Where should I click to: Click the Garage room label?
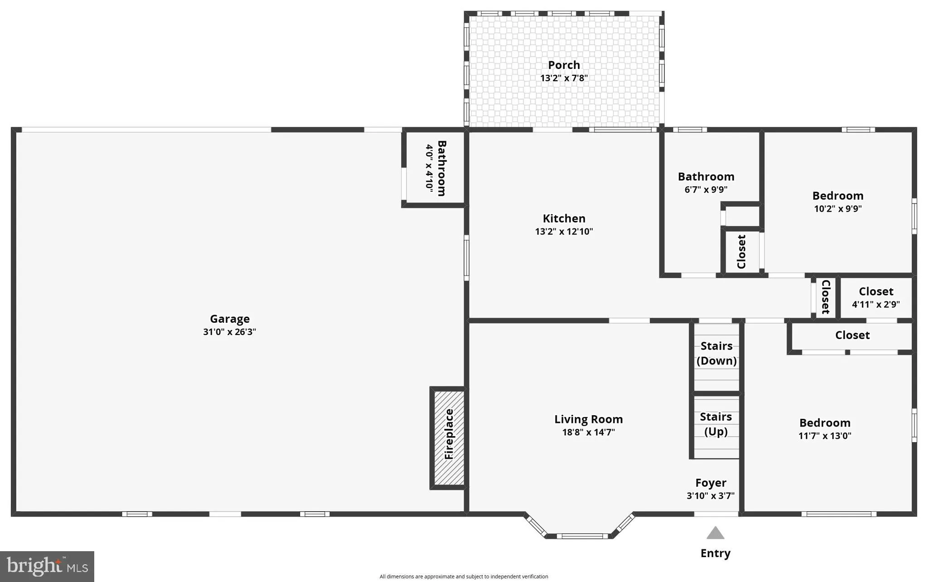229,319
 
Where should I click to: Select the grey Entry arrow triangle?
715,533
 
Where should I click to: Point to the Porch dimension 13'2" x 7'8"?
564,78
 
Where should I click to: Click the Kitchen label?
564,218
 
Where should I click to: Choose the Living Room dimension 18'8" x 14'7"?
588,432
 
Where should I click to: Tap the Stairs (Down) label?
716,353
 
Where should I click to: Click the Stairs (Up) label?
716,424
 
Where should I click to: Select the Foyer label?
710,483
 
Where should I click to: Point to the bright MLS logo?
47,566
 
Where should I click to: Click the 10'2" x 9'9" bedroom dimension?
837,209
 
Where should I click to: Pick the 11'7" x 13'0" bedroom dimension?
825,436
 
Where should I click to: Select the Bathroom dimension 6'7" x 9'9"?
706,189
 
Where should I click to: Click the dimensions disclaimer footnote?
464,577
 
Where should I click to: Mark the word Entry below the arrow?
715,553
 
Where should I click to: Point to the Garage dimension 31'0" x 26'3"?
229,332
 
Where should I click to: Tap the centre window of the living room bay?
582,536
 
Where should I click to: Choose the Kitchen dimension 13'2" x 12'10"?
564,232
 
